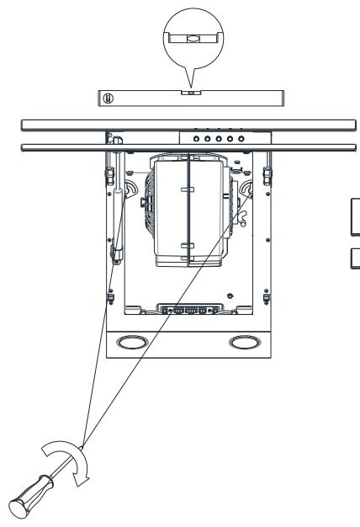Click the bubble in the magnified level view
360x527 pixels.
(193, 37)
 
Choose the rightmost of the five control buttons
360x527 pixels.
(241, 137)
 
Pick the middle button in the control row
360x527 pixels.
(219, 137)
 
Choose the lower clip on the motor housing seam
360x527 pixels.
(188, 245)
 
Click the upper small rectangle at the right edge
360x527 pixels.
(355, 209)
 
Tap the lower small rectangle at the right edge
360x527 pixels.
(355, 258)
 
